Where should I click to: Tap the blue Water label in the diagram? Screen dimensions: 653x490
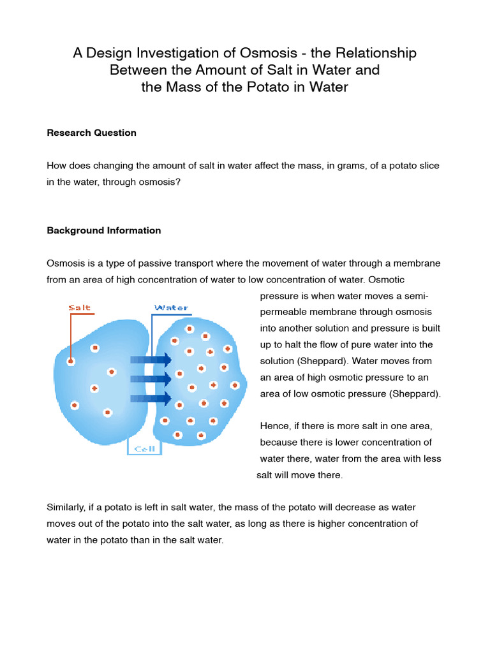click(171, 308)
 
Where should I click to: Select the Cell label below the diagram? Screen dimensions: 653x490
click(145, 448)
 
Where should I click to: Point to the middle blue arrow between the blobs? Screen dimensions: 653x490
click(151, 379)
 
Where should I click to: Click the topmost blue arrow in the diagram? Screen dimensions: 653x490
click(151, 360)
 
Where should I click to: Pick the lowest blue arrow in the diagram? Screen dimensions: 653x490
click(151, 399)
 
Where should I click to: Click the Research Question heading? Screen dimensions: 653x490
click(91, 133)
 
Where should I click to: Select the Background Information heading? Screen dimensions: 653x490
click(104, 230)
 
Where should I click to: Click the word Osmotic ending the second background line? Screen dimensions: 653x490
click(385, 280)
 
